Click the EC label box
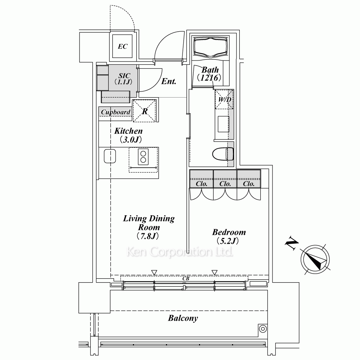pyautogui.click(x=122, y=46)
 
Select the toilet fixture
pyautogui.click(x=223, y=154)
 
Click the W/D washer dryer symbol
pyautogui.click(x=224, y=99)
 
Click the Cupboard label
pyautogui.click(x=116, y=112)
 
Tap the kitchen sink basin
pyautogui.click(x=110, y=156)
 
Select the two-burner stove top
pyautogui.click(x=143, y=157)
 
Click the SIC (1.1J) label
pyautogui.click(x=124, y=79)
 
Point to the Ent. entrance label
pyautogui.click(x=169, y=81)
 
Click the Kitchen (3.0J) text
pyautogui.click(x=129, y=135)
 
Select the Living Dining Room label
pyautogui.click(x=149, y=227)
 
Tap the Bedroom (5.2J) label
pyautogui.click(x=229, y=236)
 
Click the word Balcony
pyautogui.click(x=183, y=318)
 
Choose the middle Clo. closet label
pyautogui.click(x=225, y=184)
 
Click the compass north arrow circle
pyautogui.click(x=315, y=260)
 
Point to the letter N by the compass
pyautogui.click(x=292, y=242)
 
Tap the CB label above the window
pyautogui.click(x=186, y=279)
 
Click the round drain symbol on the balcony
pyautogui.click(x=263, y=329)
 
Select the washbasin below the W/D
pyautogui.click(x=224, y=124)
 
